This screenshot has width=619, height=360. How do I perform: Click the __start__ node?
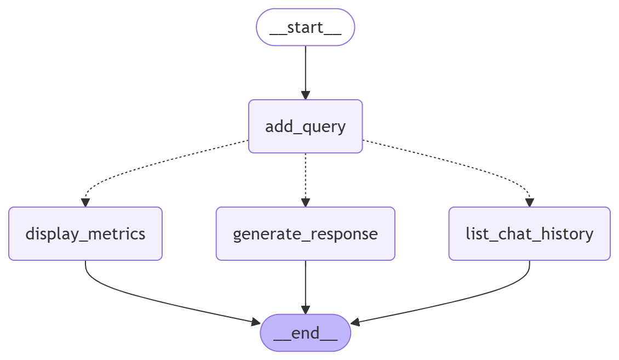click(305, 27)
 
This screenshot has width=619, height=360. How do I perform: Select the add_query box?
click(305, 127)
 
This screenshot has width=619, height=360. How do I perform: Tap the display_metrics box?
click(85, 234)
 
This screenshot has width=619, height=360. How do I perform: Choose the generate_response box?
click(305, 234)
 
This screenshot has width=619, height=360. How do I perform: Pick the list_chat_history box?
click(529, 234)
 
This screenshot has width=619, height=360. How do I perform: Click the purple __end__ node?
click(305, 333)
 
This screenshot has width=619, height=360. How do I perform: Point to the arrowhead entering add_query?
click(305, 95)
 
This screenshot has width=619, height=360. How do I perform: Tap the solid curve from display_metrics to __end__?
click(164, 304)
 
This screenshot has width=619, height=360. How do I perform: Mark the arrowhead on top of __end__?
click(305, 310)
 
